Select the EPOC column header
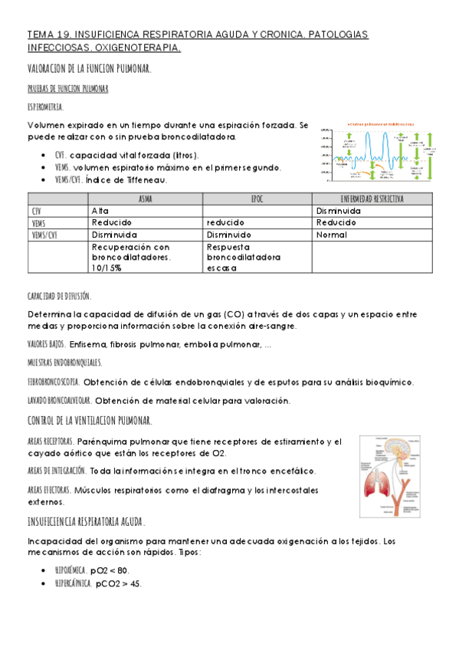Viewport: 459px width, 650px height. (257, 199)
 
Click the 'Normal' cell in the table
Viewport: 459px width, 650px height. (331, 235)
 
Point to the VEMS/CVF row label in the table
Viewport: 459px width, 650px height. (46, 235)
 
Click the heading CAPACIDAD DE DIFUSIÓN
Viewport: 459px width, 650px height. (59, 295)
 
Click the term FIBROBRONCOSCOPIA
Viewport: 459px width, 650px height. (53, 381)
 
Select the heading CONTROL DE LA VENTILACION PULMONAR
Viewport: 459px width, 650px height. (90, 420)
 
